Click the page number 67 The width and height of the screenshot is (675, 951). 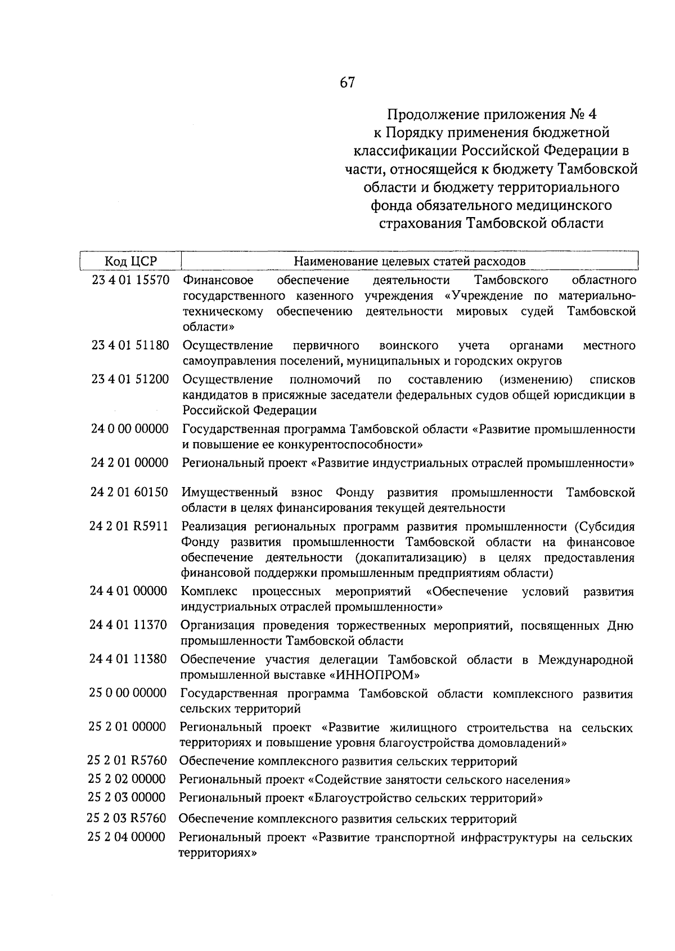[x=347, y=83]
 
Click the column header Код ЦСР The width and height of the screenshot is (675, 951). [x=130, y=261]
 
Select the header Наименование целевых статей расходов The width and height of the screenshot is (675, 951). [x=409, y=261]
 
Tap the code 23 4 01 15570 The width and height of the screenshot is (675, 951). [x=130, y=280]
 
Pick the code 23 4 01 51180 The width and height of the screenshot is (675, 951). [x=130, y=345]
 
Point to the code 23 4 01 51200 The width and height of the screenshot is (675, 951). [x=130, y=379]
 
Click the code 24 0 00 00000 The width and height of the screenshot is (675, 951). [x=130, y=429]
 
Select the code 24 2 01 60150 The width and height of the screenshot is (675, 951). [x=129, y=493]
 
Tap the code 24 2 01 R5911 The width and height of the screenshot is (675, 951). [x=129, y=526]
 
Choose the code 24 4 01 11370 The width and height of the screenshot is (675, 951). [x=129, y=625]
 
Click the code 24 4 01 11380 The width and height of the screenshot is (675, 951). [x=129, y=659]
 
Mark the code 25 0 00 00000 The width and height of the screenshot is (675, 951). [x=128, y=693]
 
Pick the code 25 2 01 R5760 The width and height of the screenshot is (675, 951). [x=128, y=761]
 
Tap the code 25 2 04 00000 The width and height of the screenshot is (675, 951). [x=127, y=837]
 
